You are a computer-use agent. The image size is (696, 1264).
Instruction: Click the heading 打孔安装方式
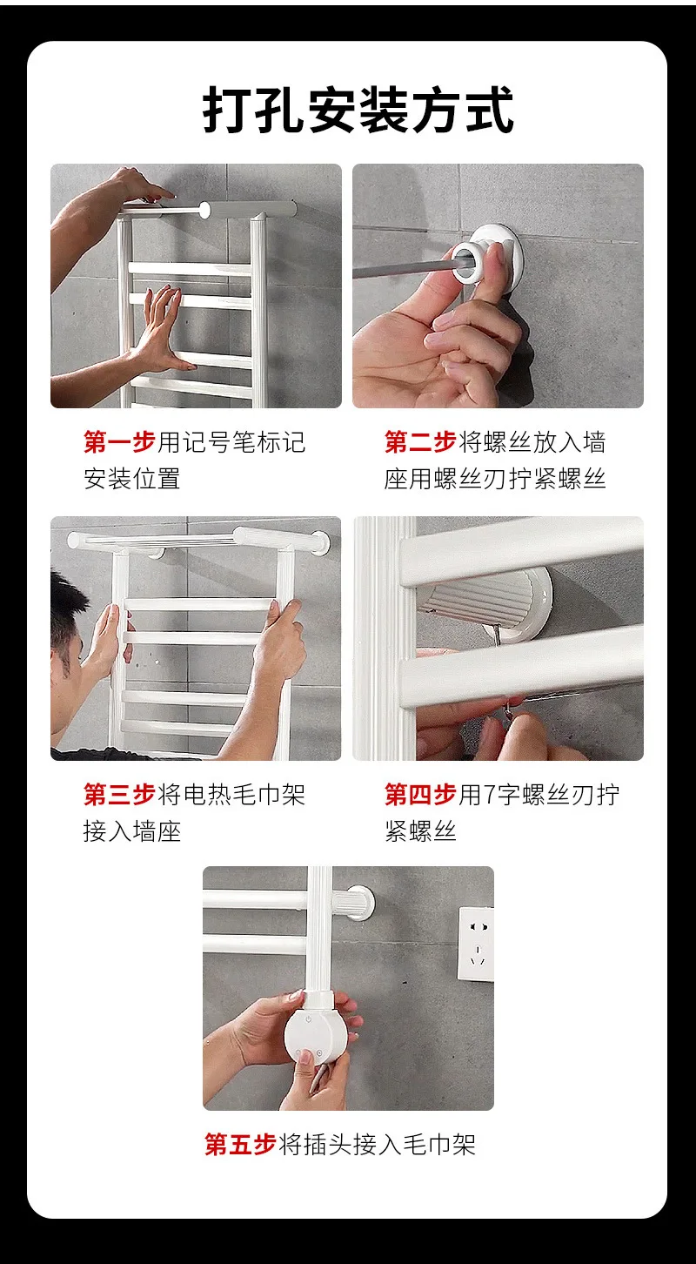coord(358,110)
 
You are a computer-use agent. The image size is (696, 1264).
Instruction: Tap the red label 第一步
coord(119,442)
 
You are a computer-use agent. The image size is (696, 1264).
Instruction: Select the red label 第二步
coord(420,442)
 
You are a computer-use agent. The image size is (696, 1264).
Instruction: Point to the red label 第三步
coord(119,795)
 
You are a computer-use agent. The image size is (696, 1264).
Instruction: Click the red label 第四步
coord(420,795)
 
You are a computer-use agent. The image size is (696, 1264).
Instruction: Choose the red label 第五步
coord(240,1145)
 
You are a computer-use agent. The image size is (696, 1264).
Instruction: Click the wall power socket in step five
coord(476,944)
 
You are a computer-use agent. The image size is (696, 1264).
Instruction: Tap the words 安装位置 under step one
coord(132,479)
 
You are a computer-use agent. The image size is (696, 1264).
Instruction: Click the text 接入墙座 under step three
coord(132,831)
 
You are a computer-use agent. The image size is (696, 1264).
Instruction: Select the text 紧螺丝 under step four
coord(420,831)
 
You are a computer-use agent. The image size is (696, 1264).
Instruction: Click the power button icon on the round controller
coord(309,1019)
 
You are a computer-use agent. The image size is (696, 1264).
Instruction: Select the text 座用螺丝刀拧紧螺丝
coord(495,479)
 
